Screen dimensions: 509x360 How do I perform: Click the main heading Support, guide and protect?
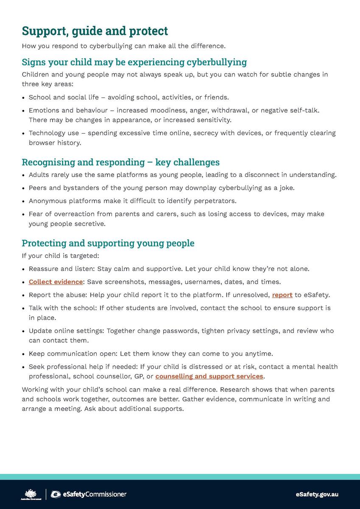click(95, 31)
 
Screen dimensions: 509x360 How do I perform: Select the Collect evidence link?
click(56, 282)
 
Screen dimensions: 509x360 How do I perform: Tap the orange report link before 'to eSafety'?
click(282, 295)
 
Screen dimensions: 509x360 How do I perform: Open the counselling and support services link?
click(209, 376)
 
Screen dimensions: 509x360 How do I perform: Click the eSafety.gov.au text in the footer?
click(317, 494)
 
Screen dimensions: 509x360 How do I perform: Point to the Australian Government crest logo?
click(31, 494)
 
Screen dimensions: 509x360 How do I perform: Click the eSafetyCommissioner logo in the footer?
click(88, 494)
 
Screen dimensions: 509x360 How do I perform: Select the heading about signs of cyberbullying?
click(134, 62)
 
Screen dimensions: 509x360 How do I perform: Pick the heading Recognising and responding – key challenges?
click(120, 162)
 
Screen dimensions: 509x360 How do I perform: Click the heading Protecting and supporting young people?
click(108, 243)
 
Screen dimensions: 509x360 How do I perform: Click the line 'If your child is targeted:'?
click(60, 256)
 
